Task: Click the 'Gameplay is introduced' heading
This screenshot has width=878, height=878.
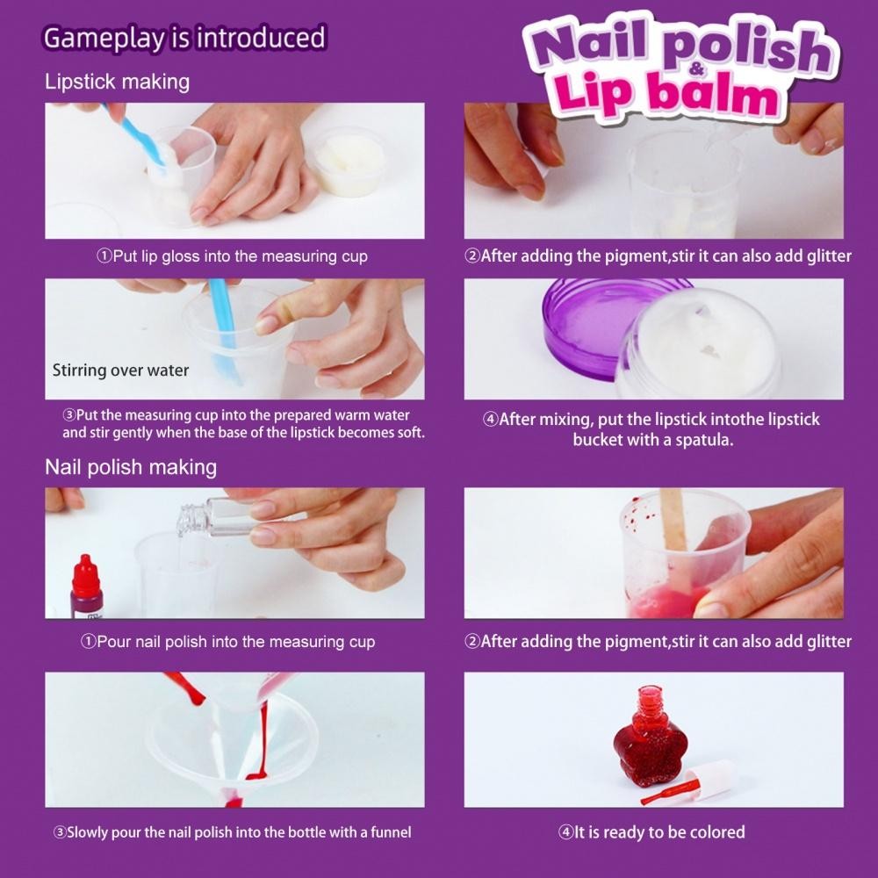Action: tap(184, 38)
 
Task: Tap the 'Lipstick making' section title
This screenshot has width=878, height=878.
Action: tap(117, 82)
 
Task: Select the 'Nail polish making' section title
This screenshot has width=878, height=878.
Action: tap(131, 467)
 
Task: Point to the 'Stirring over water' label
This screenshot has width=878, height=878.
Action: tap(120, 371)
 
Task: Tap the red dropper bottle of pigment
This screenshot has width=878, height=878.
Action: tap(86, 587)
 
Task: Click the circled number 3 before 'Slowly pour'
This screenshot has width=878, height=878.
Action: tap(60, 832)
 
